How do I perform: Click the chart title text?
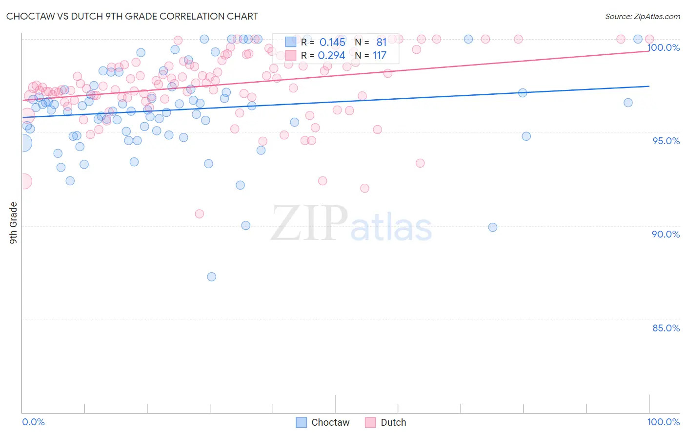tap(132, 16)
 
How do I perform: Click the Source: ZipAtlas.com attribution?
tap(642, 16)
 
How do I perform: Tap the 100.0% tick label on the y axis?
tap(664, 47)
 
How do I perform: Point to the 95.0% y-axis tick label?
tap(666, 141)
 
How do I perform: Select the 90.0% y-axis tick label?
tap(666, 234)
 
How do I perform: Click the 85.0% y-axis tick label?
tap(666, 328)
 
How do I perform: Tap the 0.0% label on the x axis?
tap(33, 422)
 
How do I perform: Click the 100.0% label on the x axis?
tap(663, 422)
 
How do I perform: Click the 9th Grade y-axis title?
tap(13, 223)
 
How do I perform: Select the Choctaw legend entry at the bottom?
tap(323, 422)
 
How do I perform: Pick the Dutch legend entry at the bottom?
tap(385, 422)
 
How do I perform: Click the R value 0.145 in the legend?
tap(332, 43)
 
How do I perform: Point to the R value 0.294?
tap(331, 56)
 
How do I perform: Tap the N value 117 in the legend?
tap(379, 56)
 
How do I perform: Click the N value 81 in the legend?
tap(381, 43)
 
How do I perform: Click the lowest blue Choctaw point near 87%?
tap(211, 277)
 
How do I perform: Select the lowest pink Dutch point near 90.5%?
tap(199, 214)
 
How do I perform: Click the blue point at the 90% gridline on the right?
tap(493, 227)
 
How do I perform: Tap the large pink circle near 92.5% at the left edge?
tap(24, 181)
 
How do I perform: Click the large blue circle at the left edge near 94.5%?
tap(23, 143)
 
